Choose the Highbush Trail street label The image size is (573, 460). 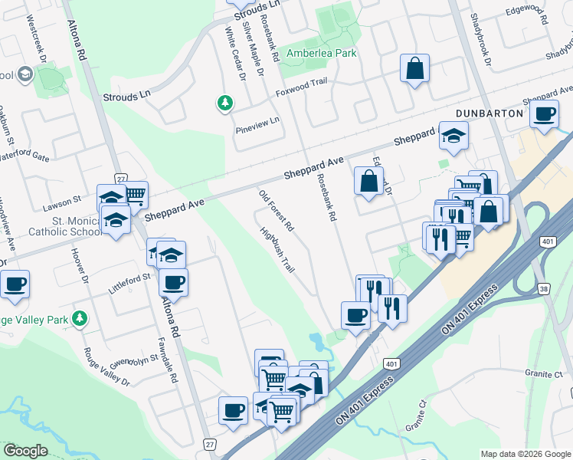277,250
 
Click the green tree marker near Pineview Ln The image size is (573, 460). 224,103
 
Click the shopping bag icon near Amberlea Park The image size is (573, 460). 414,68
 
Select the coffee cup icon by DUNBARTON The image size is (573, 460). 545,114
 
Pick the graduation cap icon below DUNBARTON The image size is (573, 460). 453,136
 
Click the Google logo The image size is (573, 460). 26,451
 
